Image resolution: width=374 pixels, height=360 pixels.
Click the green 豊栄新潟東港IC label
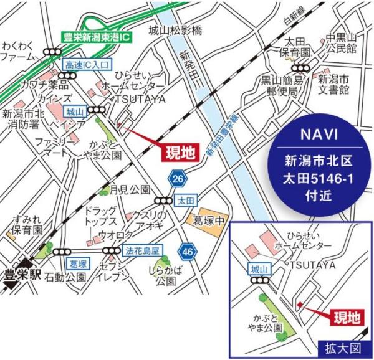(x=98, y=37)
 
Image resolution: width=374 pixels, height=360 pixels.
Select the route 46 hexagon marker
(x=186, y=252)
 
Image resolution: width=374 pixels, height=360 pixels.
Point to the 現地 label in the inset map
(x=345, y=316)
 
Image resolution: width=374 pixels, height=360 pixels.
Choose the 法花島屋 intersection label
(x=143, y=251)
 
